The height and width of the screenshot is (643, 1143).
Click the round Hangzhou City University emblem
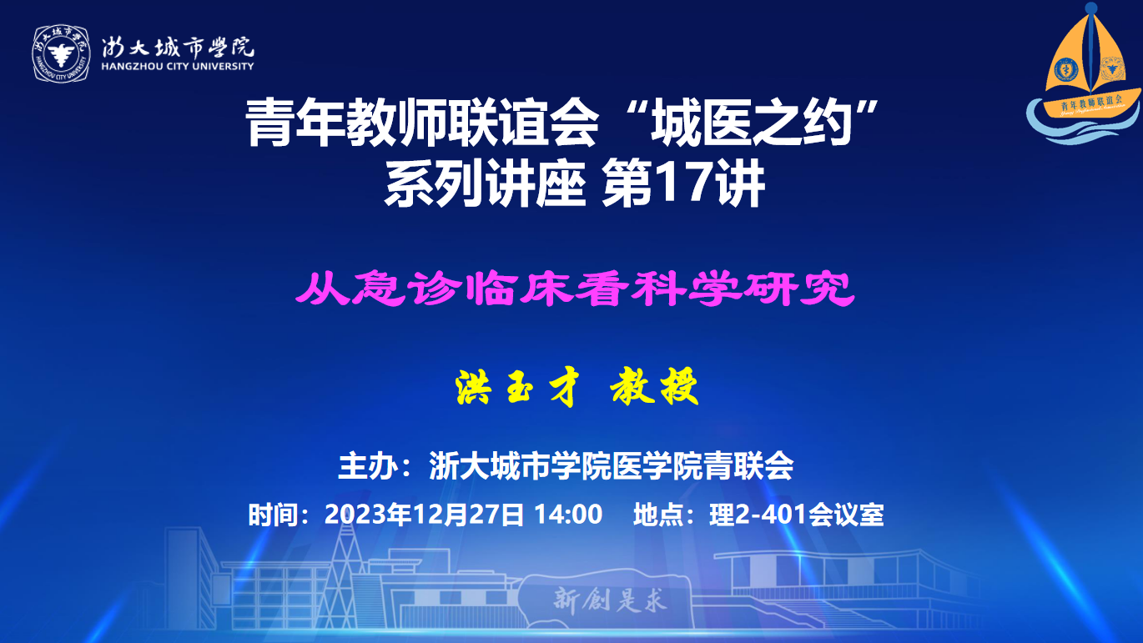pyautogui.click(x=61, y=53)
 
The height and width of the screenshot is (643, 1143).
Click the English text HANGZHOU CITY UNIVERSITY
pyautogui.click(x=178, y=66)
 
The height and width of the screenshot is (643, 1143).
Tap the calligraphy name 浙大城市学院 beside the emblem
pyautogui.click(x=178, y=47)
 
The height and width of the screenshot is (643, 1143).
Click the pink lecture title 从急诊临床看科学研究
pyautogui.click(x=575, y=289)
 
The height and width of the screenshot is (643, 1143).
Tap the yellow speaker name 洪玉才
pyautogui.click(x=517, y=388)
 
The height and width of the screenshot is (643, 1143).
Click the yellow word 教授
pyautogui.click(x=654, y=388)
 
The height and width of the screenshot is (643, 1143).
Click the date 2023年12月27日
pyautogui.click(x=424, y=515)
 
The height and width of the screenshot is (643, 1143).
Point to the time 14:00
pyautogui.click(x=568, y=515)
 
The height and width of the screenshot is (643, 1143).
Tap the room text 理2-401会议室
pyautogui.click(x=797, y=515)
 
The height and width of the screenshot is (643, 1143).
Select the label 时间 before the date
pyautogui.click(x=273, y=515)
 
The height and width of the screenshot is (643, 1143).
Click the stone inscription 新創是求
pyautogui.click(x=610, y=600)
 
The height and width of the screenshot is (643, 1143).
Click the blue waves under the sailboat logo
pyautogui.click(x=1083, y=123)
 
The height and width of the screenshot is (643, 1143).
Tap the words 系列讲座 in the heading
pyautogui.click(x=485, y=183)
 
